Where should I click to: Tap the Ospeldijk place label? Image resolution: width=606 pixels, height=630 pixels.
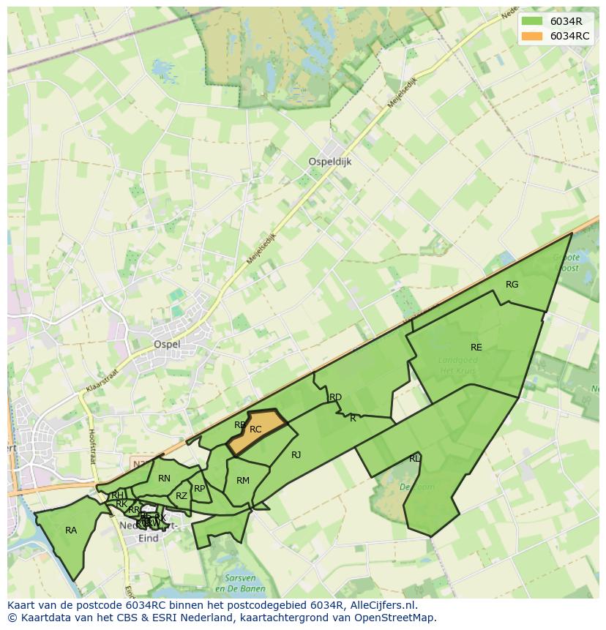(x=329, y=162)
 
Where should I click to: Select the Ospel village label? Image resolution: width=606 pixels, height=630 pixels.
(x=166, y=344)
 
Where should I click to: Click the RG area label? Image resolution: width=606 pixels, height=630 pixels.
(x=512, y=285)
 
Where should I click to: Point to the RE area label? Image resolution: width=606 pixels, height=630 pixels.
(x=476, y=348)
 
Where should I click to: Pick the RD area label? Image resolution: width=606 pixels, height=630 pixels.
(x=335, y=397)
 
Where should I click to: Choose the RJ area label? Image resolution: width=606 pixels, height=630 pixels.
(x=296, y=455)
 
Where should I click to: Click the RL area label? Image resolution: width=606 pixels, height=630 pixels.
(x=414, y=459)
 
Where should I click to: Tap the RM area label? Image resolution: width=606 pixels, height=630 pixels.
(x=243, y=481)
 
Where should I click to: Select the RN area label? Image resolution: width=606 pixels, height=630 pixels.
(x=164, y=479)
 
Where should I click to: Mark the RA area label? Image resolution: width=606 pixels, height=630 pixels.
(x=71, y=530)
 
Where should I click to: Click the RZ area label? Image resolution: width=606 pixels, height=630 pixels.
(x=182, y=496)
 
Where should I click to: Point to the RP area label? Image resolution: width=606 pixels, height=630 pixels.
(x=199, y=488)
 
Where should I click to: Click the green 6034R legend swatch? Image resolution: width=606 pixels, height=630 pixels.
(x=532, y=21)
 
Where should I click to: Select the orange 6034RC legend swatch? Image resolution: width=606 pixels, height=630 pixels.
(x=532, y=36)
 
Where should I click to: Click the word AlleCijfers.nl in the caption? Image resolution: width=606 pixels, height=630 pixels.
(x=381, y=605)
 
